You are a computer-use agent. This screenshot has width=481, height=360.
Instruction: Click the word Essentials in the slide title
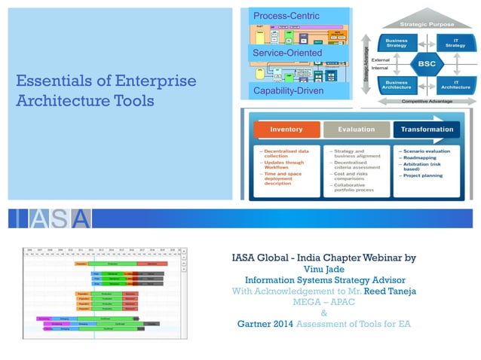(x=53, y=81)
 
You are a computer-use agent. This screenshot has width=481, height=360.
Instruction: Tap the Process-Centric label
(x=286, y=16)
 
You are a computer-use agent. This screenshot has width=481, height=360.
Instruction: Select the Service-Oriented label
(x=287, y=53)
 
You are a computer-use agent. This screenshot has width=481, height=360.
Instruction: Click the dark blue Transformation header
(x=428, y=130)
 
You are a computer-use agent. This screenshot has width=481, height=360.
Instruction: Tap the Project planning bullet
(x=424, y=175)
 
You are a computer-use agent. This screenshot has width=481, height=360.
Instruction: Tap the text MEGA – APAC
(x=323, y=302)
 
